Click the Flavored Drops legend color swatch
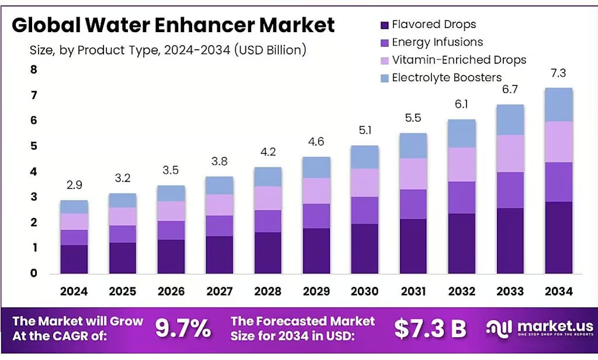(x=384, y=25)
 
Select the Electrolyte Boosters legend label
(x=447, y=78)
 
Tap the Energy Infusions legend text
(x=437, y=42)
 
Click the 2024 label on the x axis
(x=74, y=291)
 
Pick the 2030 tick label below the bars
(x=364, y=291)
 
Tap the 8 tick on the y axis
(x=34, y=70)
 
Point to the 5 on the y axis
(x=34, y=146)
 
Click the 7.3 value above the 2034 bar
(x=558, y=73)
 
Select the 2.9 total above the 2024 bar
(x=74, y=185)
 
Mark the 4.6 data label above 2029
(x=316, y=141)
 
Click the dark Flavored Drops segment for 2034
(x=559, y=237)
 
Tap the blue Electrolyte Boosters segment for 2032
(x=462, y=134)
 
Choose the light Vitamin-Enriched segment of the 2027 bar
(x=220, y=205)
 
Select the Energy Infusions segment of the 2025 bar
(x=123, y=234)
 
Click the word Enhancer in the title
(x=204, y=25)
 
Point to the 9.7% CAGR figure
(x=183, y=328)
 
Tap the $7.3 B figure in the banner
(x=430, y=328)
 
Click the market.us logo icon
(x=500, y=328)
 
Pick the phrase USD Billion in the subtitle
(x=270, y=50)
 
